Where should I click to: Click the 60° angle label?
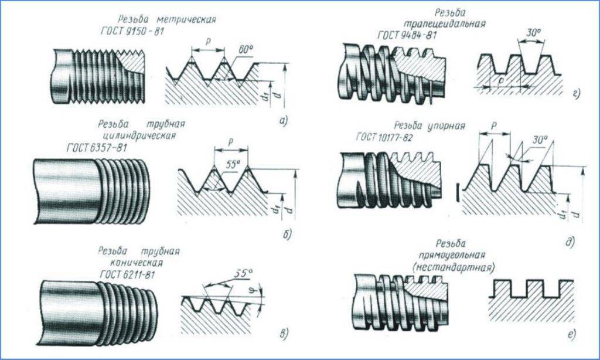point(244,52)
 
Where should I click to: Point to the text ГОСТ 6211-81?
point(127,274)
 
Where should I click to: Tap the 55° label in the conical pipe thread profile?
point(242,273)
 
